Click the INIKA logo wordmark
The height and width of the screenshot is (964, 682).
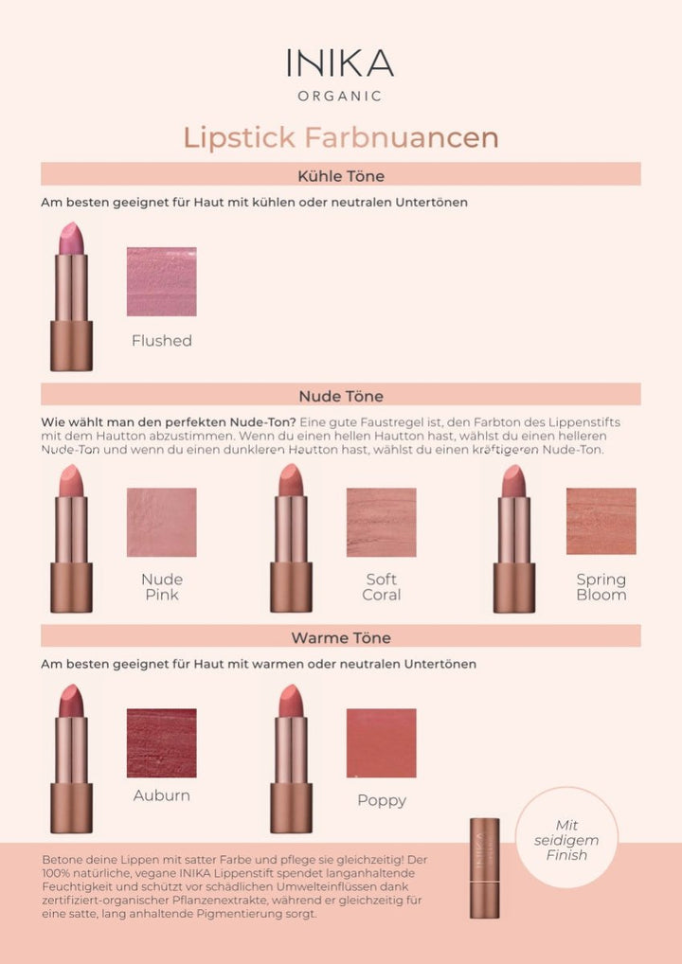point(340,62)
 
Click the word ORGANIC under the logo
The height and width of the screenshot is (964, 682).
point(340,96)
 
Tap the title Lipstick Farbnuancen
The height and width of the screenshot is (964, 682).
point(340,137)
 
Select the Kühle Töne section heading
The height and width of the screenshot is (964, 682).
point(340,175)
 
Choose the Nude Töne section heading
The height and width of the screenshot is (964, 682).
point(340,396)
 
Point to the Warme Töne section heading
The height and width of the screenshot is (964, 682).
point(340,637)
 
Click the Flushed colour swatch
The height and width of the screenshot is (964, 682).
point(162,281)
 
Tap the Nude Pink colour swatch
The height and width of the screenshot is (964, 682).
point(162,522)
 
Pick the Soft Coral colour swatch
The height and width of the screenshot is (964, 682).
point(382,522)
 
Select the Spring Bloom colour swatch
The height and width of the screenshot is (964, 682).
point(601,522)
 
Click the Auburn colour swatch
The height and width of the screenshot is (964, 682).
point(162,743)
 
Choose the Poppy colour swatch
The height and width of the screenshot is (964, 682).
point(382,743)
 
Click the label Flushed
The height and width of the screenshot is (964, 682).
point(162,341)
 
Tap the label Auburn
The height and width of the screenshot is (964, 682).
point(162,795)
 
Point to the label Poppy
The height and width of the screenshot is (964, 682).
point(382,800)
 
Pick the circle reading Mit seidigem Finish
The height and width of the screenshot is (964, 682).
point(566,838)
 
